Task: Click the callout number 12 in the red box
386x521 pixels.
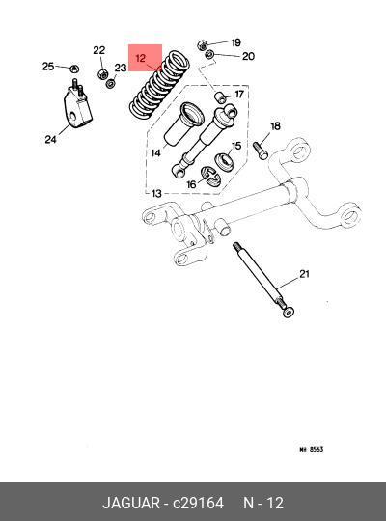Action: [141, 58]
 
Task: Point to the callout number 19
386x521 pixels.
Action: [235, 42]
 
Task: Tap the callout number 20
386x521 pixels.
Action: [248, 56]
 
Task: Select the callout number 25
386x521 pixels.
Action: [48, 67]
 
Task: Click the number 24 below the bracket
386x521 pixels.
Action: [50, 139]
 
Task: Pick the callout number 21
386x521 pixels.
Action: [304, 274]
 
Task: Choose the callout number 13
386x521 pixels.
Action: [156, 193]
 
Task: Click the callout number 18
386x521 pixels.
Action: [275, 126]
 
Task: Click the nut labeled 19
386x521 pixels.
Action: [202, 44]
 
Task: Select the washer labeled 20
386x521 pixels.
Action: [209, 54]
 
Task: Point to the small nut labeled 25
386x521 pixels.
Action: [74, 69]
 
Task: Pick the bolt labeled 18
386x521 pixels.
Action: [261, 151]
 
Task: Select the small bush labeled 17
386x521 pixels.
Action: [220, 96]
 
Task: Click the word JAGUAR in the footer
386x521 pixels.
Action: [131, 503]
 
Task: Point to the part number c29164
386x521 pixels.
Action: [198, 503]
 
